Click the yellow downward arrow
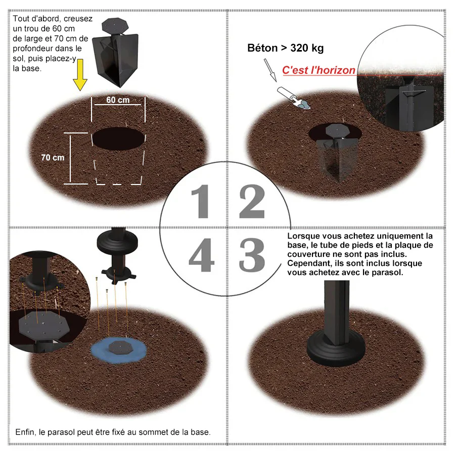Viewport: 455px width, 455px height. coord(80,75)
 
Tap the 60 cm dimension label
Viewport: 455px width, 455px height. coord(118,100)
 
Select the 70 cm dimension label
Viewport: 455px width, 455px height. coord(53,158)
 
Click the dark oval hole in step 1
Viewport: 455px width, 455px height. coord(118,139)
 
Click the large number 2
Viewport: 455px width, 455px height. coord(252,201)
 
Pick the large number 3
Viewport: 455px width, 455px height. coord(252,255)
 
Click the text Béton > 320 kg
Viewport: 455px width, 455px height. coord(285,48)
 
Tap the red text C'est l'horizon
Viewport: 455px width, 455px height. coord(318,70)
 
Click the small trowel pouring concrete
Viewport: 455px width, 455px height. coord(293,98)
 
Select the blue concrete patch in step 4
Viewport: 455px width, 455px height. coord(118,350)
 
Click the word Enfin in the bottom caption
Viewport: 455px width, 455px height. coord(25,432)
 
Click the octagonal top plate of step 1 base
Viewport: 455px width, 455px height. coord(115,25)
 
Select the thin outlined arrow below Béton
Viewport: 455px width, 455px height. coord(270,70)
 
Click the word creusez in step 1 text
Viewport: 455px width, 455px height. coord(78,19)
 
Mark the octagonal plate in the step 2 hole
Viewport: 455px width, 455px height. coord(338,130)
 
